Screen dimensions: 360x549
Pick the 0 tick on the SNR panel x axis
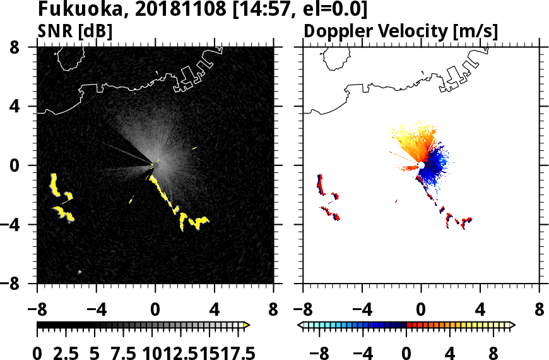(x=155, y=311)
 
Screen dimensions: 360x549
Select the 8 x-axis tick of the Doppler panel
(x=540, y=311)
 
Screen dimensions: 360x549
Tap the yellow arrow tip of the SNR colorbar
(x=247, y=325)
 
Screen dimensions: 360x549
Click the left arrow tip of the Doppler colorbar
(x=300, y=325)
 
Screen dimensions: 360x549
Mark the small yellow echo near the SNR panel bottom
(x=80, y=272)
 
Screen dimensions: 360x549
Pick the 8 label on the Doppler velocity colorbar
(x=496, y=352)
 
